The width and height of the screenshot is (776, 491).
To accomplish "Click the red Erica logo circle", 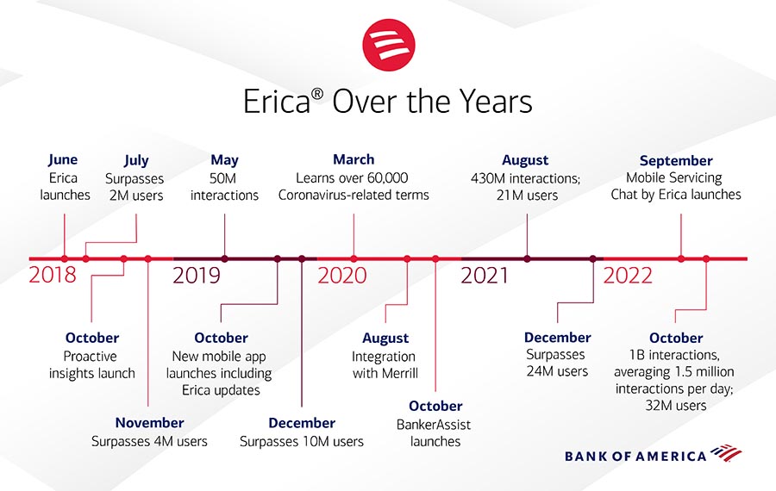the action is coord(389,45).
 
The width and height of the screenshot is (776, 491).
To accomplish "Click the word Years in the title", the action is coord(496,102).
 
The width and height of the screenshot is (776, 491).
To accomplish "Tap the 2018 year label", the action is coord(53,275).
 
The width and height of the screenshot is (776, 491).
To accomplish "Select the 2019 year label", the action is coord(197,276).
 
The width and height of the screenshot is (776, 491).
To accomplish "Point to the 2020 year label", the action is coord(342,276).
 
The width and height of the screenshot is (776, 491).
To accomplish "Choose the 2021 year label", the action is coord(485,276).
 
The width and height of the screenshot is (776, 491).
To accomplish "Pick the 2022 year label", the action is coord(628,276).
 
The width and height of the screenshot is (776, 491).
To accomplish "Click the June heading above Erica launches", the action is coord(63,160).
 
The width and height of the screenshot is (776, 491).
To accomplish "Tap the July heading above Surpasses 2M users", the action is coord(136,161).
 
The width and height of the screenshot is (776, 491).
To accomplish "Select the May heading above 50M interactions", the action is coord(225,161).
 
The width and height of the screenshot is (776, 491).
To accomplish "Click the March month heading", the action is coord(354,159).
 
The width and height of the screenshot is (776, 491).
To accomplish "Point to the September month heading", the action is coord(676,161).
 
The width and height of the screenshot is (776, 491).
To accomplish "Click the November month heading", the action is coord(149,423).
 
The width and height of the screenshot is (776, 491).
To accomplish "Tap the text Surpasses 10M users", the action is coord(302,441).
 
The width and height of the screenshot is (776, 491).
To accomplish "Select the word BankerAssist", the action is coord(434,425).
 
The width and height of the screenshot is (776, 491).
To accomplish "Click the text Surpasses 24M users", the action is coord(557,363).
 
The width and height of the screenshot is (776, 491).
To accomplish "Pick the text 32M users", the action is coord(675,406).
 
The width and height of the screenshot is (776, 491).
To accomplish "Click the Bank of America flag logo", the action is coord(726,453).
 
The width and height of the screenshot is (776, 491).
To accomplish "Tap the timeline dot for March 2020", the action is coord(354,258).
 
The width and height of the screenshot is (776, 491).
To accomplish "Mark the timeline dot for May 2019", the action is coord(225,258).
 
